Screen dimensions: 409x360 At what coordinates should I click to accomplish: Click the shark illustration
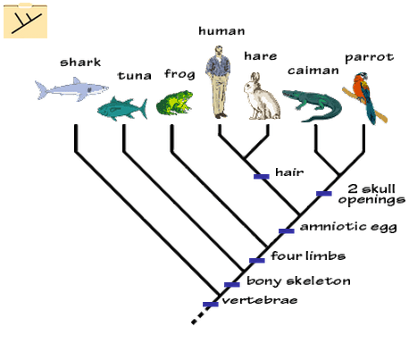(x=71, y=89)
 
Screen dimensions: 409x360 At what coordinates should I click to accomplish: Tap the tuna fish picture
(x=122, y=109)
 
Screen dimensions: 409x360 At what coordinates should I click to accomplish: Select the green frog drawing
(x=174, y=103)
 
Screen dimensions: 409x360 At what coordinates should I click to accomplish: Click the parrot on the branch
(x=364, y=97)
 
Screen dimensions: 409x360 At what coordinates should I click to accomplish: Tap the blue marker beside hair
(x=262, y=177)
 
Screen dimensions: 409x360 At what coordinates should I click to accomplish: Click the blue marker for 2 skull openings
(x=324, y=194)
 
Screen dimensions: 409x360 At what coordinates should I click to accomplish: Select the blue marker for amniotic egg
(x=287, y=230)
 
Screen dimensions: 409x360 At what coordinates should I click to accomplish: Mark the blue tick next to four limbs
(x=257, y=261)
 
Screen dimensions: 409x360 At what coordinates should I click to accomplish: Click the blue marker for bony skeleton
(x=232, y=285)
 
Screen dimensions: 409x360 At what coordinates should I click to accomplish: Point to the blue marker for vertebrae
(x=211, y=304)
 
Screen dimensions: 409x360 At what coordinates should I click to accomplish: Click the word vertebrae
(x=260, y=300)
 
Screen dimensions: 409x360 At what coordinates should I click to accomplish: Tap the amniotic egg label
(x=348, y=227)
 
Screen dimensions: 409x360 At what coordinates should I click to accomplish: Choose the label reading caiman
(x=313, y=71)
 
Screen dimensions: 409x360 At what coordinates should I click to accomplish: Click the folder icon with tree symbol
(x=25, y=21)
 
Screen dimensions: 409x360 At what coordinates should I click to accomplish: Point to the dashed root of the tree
(x=199, y=317)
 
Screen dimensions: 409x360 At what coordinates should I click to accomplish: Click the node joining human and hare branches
(x=245, y=158)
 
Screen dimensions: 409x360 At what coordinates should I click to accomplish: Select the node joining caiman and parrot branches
(x=339, y=175)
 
